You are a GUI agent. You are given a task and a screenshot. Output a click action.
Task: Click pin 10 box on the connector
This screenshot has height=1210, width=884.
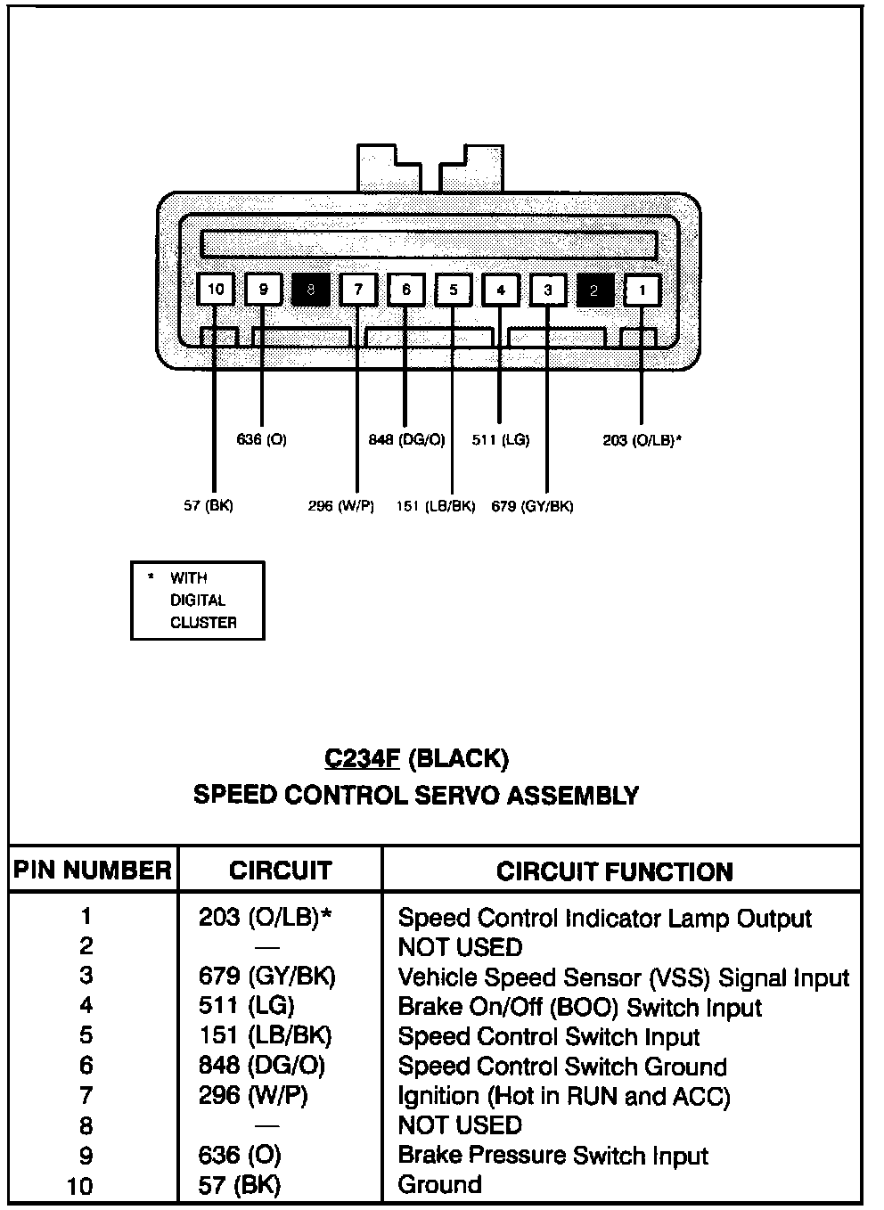pyautogui.click(x=216, y=290)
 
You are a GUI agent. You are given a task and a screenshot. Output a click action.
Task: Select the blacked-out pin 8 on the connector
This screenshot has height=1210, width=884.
pyautogui.click(x=311, y=290)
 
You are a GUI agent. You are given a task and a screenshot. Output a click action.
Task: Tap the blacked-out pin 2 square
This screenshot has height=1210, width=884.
pyautogui.click(x=595, y=290)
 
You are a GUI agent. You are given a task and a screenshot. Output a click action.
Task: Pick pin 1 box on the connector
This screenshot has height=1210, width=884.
pyautogui.click(x=643, y=290)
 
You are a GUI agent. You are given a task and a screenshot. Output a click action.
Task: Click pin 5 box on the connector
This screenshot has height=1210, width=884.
pyautogui.click(x=454, y=290)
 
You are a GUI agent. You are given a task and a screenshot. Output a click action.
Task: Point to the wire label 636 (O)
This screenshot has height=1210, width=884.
pyautogui.click(x=261, y=439)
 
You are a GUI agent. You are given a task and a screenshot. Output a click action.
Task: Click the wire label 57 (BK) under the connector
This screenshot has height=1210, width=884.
pyautogui.click(x=209, y=505)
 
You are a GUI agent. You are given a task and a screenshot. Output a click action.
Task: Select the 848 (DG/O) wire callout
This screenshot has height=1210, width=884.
pyautogui.click(x=407, y=439)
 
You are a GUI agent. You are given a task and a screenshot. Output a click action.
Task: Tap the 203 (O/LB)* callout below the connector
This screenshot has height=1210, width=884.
pyautogui.click(x=643, y=440)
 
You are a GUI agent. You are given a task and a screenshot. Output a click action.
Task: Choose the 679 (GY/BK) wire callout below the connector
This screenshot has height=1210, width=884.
pyautogui.click(x=532, y=506)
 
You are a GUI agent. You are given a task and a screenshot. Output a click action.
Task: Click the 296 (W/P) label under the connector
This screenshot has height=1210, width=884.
pyautogui.click(x=341, y=506)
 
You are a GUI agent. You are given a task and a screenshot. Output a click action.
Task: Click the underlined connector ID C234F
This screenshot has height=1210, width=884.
pyautogui.click(x=362, y=759)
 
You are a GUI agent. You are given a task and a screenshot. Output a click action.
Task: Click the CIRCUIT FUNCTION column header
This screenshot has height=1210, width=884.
pyautogui.click(x=615, y=871)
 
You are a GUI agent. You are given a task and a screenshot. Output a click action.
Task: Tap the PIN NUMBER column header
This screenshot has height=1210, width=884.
pyautogui.click(x=93, y=871)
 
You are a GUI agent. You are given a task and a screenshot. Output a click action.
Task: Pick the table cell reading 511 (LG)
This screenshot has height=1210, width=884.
pyautogui.click(x=246, y=1005)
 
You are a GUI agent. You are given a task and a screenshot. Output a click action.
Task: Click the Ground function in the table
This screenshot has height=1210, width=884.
pyautogui.click(x=440, y=1185)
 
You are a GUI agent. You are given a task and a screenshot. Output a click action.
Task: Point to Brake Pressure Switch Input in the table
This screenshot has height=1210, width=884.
pyautogui.click(x=553, y=1155)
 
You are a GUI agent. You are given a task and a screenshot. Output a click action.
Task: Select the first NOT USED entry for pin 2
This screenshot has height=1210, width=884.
pyautogui.click(x=461, y=947)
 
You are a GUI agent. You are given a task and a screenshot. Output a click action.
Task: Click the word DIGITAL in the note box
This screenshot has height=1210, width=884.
pyautogui.click(x=198, y=601)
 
